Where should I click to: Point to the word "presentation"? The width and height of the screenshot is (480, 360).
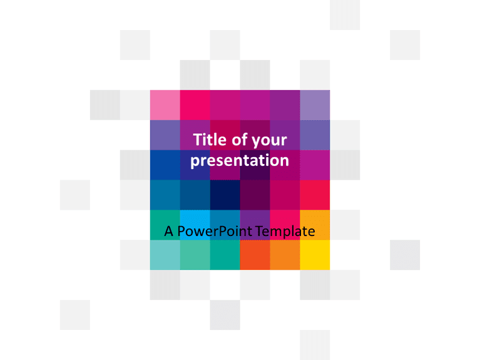pyautogui.click(x=240, y=161)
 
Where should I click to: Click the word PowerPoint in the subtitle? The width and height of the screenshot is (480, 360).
pyautogui.click(x=216, y=232)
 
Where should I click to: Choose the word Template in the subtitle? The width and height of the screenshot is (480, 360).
pyautogui.click(x=286, y=232)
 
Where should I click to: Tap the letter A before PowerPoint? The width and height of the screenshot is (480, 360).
pyautogui.click(x=168, y=232)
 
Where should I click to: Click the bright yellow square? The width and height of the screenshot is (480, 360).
pyautogui.click(x=315, y=255)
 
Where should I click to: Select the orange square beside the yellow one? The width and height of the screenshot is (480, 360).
pyautogui.click(x=285, y=255)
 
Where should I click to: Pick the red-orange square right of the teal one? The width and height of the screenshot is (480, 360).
pyautogui.click(x=255, y=255)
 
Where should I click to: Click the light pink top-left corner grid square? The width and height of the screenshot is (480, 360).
pyautogui.click(x=165, y=105)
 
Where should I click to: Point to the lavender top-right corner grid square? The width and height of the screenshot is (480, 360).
pyautogui.click(x=315, y=105)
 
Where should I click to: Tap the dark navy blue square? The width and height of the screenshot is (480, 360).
pyautogui.click(x=225, y=195)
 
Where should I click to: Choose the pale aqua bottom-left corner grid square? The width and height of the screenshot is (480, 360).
pyautogui.click(x=165, y=255)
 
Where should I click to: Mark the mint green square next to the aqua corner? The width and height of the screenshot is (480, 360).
pyautogui.click(x=195, y=255)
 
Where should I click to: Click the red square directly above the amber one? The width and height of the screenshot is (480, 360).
pyautogui.click(x=315, y=195)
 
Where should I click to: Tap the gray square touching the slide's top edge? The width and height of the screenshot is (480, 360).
pyautogui.click(x=345, y=14)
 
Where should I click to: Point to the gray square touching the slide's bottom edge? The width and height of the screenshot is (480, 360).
pyautogui.click(x=315, y=345)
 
